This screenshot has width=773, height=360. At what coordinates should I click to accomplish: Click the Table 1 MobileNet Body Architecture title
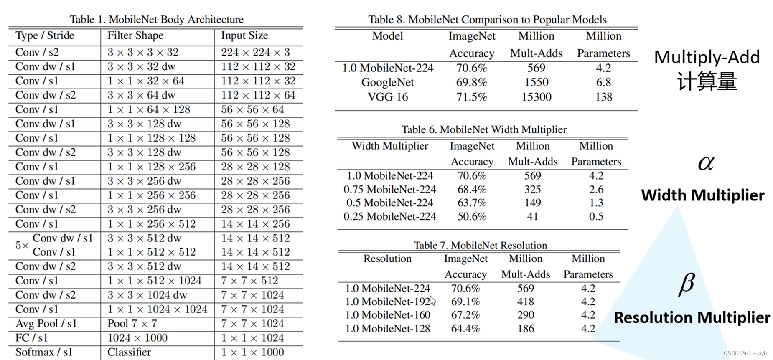click(x=156, y=19)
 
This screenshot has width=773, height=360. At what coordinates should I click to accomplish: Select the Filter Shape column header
click(x=135, y=35)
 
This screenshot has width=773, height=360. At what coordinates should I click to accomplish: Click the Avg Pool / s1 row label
click(x=46, y=324)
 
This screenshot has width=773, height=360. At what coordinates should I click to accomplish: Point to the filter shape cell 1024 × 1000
click(x=137, y=338)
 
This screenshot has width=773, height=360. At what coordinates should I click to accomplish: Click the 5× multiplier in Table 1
click(x=22, y=245)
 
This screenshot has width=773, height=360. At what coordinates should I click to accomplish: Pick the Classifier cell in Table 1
click(x=129, y=352)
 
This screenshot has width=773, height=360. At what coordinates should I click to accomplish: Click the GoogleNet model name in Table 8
click(x=387, y=82)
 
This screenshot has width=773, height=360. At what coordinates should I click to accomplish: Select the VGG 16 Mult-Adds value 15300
click(x=536, y=97)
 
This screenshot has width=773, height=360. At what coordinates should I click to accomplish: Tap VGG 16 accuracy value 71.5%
click(x=471, y=97)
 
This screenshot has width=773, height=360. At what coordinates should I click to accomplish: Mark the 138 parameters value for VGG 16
click(x=603, y=97)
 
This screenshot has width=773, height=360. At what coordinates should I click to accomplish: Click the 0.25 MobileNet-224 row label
click(x=389, y=216)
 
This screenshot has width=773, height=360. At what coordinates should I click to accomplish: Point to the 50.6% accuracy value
click(x=471, y=216)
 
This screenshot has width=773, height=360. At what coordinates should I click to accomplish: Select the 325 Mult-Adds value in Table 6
click(x=532, y=189)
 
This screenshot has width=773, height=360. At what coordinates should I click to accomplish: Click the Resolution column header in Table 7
click(x=387, y=259)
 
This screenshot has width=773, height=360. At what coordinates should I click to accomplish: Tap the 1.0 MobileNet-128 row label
click(x=387, y=329)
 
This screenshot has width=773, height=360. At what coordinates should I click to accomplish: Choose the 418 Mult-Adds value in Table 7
click(x=525, y=302)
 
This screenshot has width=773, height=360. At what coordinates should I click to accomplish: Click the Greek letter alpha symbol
click(x=706, y=163)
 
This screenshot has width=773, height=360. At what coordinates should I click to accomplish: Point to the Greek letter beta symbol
click(x=687, y=284)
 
